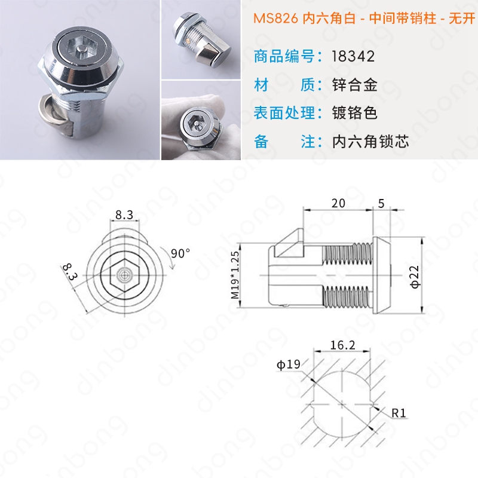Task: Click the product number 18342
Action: (x=353, y=56)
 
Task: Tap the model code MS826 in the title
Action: (x=275, y=19)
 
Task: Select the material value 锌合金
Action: (x=355, y=85)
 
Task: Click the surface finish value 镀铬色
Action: (x=355, y=113)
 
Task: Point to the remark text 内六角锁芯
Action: (x=370, y=142)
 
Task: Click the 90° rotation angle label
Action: (x=180, y=253)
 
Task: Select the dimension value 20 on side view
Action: (x=338, y=203)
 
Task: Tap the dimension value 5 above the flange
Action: (x=381, y=203)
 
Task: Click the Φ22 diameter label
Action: (x=415, y=277)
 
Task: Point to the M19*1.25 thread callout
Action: (x=235, y=275)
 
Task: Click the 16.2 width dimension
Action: (x=342, y=345)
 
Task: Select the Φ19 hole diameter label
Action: (x=289, y=364)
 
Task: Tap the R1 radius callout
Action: (x=399, y=413)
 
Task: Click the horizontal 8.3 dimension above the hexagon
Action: (x=124, y=215)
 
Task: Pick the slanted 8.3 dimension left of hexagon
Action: (x=70, y=272)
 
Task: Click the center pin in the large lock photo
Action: (x=81, y=49)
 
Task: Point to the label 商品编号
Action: (x=284, y=56)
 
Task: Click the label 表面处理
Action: (x=284, y=113)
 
